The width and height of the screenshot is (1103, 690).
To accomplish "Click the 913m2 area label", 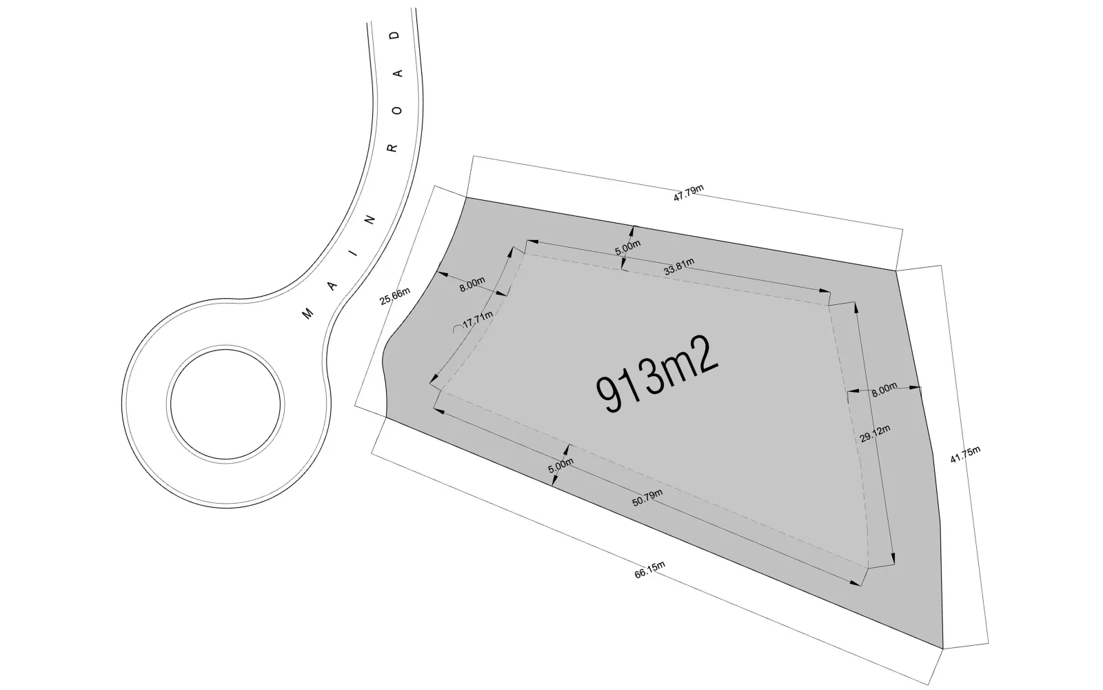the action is (x=658, y=374).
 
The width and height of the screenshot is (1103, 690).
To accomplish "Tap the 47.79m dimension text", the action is (x=689, y=193).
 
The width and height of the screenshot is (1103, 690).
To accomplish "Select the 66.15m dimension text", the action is (x=649, y=569).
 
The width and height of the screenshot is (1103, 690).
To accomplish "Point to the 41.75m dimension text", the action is (x=965, y=454).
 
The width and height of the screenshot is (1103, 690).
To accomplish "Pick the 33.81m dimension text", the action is (x=679, y=266).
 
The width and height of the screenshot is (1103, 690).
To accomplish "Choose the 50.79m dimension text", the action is (x=647, y=497).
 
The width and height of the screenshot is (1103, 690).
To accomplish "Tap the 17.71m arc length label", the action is (x=478, y=318).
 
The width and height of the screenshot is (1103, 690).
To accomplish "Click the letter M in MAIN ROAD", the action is (x=307, y=313).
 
